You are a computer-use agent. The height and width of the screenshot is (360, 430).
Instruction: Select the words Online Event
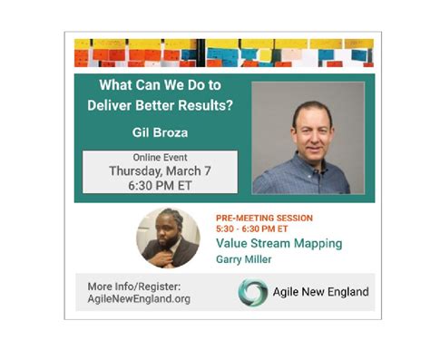tap(159, 157)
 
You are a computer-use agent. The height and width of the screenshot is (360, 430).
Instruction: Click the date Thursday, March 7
tap(159, 170)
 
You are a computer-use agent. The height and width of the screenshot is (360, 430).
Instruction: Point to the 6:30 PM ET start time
tap(159, 184)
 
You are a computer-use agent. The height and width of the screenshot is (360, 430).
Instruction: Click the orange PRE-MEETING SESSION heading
tap(264, 219)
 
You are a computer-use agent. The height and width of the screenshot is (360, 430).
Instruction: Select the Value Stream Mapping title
tap(279, 243)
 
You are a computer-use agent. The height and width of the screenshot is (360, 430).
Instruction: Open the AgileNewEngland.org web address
tap(139, 298)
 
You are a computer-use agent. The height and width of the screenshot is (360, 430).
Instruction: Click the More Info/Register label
tap(133, 287)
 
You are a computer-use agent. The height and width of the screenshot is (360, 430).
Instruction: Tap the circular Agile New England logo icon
tap(252, 292)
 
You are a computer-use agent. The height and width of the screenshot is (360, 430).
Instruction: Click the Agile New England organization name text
tap(320, 292)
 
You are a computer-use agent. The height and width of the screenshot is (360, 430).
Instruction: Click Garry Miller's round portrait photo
tap(168, 238)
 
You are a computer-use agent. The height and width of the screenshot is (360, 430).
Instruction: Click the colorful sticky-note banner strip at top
tap(223, 53)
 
